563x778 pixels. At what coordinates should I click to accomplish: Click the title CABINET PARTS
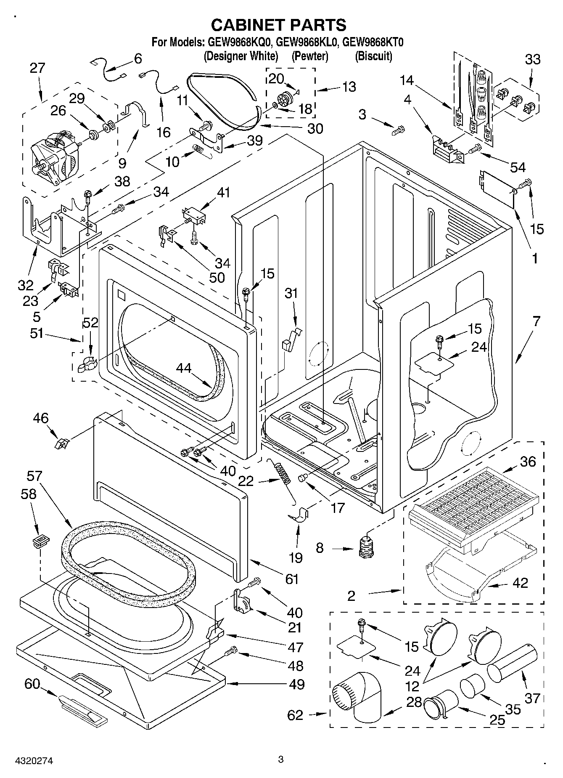[x=278, y=25]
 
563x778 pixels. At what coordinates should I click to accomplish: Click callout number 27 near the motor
[x=37, y=68]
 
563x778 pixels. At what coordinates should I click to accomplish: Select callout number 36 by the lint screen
[x=528, y=461]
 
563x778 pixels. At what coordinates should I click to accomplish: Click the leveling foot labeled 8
[x=367, y=547]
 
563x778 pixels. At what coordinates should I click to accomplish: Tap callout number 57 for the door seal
[x=34, y=476]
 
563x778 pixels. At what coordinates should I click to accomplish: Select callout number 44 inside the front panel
[x=183, y=368]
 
